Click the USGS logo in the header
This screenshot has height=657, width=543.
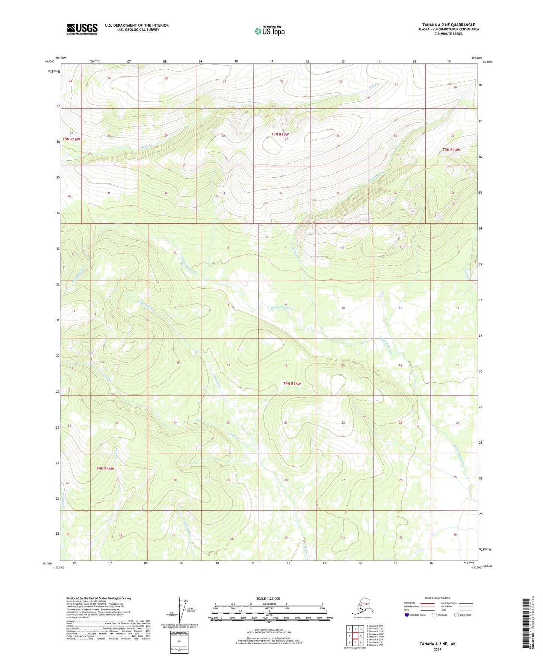(x=82, y=29)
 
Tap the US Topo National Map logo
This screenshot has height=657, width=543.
(x=269, y=30)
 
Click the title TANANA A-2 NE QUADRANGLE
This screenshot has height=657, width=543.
(x=448, y=25)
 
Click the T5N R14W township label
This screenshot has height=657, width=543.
(x=451, y=150)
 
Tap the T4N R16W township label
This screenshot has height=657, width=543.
(x=105, y=468)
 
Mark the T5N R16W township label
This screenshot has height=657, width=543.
(x=71, y=139)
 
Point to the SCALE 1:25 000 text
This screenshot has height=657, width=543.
(x=269, y=598)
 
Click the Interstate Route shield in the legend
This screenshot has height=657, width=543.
(x=407, y=615)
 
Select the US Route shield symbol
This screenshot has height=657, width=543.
(x=435, y=615)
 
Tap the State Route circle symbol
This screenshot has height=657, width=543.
(x=456, y=615)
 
